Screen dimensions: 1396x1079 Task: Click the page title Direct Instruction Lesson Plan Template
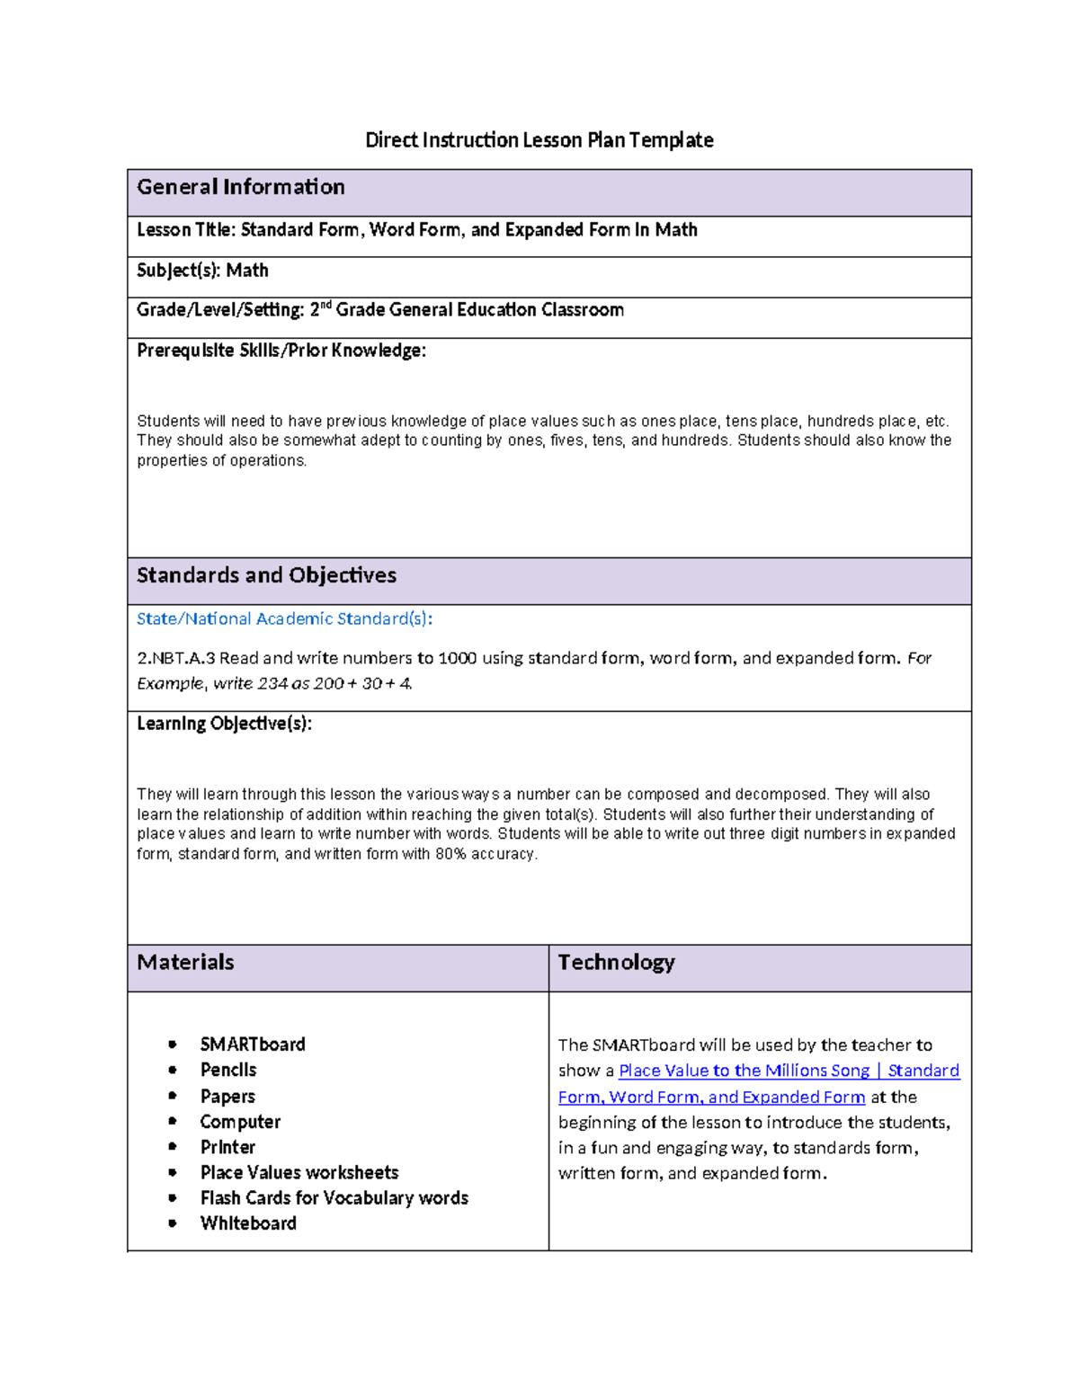pos(539,140)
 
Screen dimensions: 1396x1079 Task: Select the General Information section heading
pos(240,187)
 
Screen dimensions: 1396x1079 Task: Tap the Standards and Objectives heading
pos(266,575)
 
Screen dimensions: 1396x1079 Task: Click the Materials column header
pos(185,963)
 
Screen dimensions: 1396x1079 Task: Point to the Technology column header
pos(616,963)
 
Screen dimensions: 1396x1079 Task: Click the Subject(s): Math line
pos(202,271)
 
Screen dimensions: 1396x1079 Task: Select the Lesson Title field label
pos(185,230)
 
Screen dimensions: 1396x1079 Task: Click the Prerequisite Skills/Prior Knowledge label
pos(281,351)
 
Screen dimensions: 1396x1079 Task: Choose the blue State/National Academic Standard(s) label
pos(284,618)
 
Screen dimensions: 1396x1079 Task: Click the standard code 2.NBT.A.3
pos(176,658)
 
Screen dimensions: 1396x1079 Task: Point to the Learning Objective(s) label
pos(224,724)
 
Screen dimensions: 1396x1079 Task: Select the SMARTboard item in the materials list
pos(253,1045)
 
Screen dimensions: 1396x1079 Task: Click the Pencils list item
pos(228,1070)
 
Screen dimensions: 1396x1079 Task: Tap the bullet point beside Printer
pos(172,1147)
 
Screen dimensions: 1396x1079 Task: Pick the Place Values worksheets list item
pos(299,1172)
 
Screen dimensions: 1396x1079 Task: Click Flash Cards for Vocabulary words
pos(334,1198)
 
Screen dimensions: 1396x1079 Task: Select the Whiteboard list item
pos(248,1223)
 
